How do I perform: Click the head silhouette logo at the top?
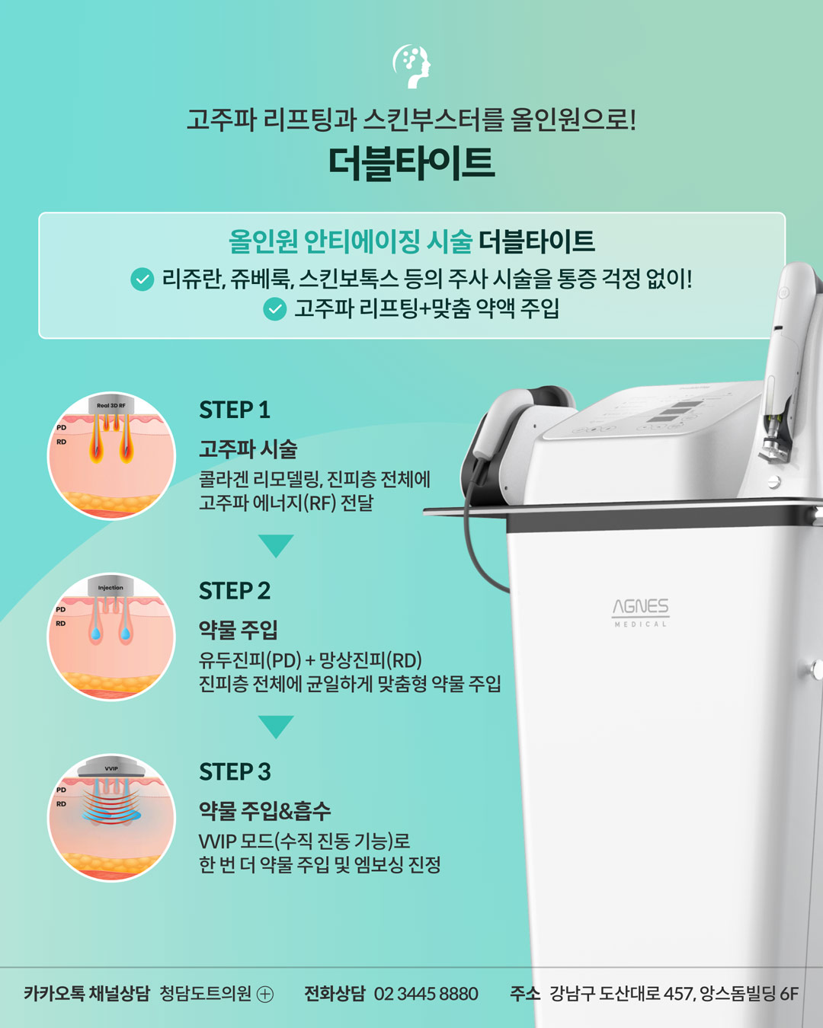pyautogui.click(x=411, y=66)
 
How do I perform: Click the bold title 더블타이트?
pyautogui.click(x=411, y=162)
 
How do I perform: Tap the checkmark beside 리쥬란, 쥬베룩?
pyautogui.click(x=143, y=279)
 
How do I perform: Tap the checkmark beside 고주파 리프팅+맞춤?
pyautogui.click(x=274, y=308)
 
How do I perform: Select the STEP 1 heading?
pyautogui.click(x=235, y=410)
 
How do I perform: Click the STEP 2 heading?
pyautogui.click(x=235, y=591)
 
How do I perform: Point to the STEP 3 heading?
pyautogui.click(x=235, y=772)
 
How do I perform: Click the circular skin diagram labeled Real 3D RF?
pyautogui.click(x=112, y=456)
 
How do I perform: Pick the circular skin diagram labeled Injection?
pyautogui.click(x=112, y=637)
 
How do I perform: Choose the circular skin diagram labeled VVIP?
pyautogui.click(x=112, y=818)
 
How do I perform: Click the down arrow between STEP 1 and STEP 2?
pyautogui.click(x=276, y=545)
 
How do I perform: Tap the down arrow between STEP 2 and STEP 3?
pyautogui.click(x=276, y=726)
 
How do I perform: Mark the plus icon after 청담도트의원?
pyautogui.click(x=265, y=994)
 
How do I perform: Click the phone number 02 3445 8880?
pyautogui.click(x=426, y=994)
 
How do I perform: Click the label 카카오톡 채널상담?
pyautogui.click(x=87, y=994)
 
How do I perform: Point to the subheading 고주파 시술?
pyautogui.click(x=248, y=449)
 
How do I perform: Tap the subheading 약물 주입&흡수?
pyautogui.click(x=264, y=811)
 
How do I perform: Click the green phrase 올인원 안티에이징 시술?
pyautogui.click(x=351, y=242)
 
